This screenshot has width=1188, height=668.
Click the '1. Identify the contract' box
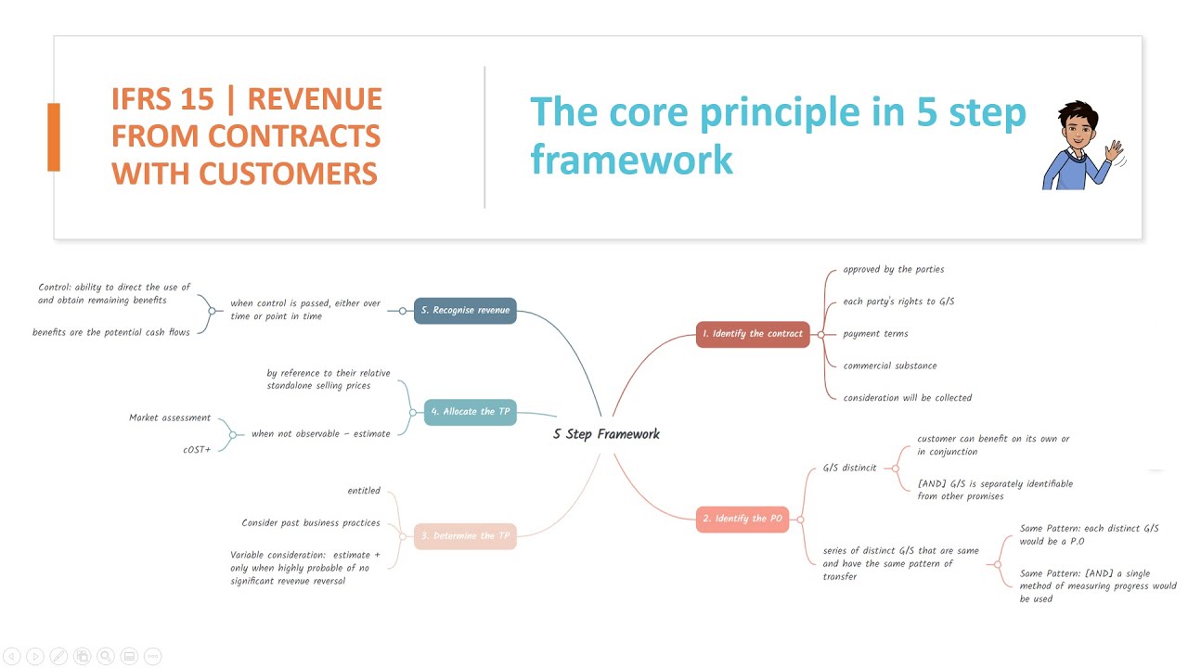(753, 334)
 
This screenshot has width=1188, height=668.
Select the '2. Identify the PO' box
(742, 519)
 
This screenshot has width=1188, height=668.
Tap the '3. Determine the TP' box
(465, 536)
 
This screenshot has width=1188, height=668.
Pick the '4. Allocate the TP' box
(470, 412)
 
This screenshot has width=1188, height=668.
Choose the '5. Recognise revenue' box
(465, 310)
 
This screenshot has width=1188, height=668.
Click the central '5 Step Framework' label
(606, 434)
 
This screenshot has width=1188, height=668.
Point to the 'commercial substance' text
(889, 366)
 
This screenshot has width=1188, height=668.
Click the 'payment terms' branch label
(875, 334)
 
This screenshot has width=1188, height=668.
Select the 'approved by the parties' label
(893, 270)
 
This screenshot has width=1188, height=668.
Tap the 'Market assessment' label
(170, 418)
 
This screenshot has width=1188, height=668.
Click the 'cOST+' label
(197, 450)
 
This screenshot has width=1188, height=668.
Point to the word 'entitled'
(364, 491)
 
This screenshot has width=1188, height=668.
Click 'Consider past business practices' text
(311, 523)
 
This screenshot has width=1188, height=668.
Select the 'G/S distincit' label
(849, 469)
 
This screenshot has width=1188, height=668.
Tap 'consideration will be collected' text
(907, 398)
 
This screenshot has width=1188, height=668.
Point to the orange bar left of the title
(54, 137)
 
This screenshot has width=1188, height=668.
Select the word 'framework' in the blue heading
(631, 160)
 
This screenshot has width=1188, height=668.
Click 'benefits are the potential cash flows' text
(111, 332)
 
